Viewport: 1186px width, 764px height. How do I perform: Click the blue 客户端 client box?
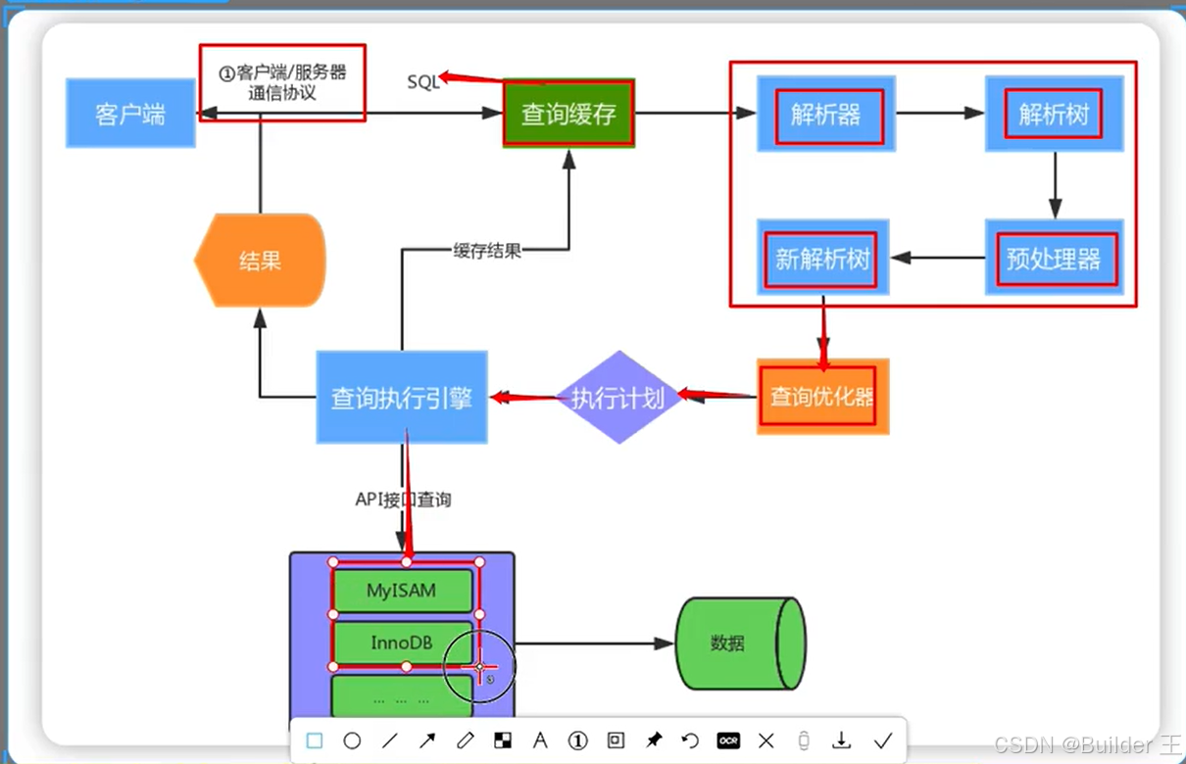point(130,114)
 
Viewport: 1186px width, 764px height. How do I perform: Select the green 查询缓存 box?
point(568,114)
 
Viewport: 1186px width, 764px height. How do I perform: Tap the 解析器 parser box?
point(826,114)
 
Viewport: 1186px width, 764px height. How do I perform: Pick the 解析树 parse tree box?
point(1054,114)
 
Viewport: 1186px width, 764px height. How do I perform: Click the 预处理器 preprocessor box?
point(1054,258)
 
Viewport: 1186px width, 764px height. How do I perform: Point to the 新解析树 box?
point(822,258)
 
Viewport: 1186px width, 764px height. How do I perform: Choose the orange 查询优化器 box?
point(822,397)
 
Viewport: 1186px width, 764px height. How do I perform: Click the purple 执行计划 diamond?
point(618,397)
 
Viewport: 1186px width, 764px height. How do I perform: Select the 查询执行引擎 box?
point(402,397)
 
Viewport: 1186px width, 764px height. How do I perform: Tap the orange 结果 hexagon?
point(260,261)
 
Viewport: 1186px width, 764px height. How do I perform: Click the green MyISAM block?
point(403,591)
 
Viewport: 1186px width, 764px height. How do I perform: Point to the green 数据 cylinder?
point(741,644)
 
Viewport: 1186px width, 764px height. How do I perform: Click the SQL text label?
point(423,82)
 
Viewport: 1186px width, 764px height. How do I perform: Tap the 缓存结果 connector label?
point(487,250)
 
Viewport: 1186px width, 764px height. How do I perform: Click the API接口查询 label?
point(403,500)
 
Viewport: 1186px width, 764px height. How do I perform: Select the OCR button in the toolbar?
point(728,740)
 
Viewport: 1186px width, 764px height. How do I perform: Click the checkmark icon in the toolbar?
point(882,740)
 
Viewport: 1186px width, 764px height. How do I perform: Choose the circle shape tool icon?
point(352,740)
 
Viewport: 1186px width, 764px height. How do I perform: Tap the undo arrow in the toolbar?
point(690,740)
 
